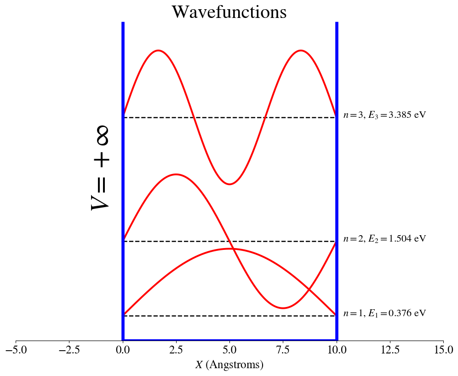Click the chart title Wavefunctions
pyautogui.click(x=229, y=12)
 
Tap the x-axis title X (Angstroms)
pyautogui.click(x=229, y=365)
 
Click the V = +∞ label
pyautogui.click(x=100, y=169)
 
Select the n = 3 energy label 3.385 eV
pyautogui.click(x=384, y=115)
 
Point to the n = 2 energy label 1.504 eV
pyautogui.click(x=384, y=239)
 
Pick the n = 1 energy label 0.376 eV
pyautogui.click(x=384, y=313)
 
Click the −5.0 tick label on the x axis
pyautogui.click(x=16, y=351)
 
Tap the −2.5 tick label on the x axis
pyautogui.click(x=69, y=351)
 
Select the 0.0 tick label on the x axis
pyautogui.click(x=123, y=351)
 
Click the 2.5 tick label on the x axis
pyautogui.click(x=176, y=351)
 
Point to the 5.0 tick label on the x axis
pyautogui.click(x=229, y=351)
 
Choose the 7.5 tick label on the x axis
pyautogui.click(x=283, y=351)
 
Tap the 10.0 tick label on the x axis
pyautogui.click(x=337, y=351)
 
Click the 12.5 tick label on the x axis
pyautogui.click(x=390, y=351)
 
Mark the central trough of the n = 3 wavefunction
pyautogui.click(x=229, y=184)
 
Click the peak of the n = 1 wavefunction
pyautogui.click(x=229, y=249)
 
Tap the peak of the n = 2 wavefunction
pyautogui.click(x=176, y=174)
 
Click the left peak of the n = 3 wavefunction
pyautogui.click(x=158, y=50)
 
